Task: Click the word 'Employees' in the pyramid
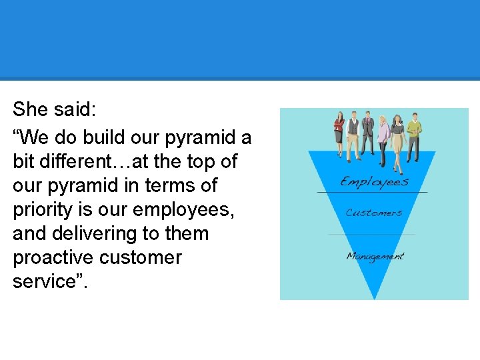[374, 181]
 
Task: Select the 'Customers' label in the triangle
[373, 213]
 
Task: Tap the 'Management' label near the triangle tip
[375, 256]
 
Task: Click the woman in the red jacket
[339, 133]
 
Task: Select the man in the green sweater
[415, 133]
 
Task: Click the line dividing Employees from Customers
[372, 192]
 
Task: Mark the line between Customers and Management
[372, 234]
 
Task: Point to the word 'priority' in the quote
[43, 209]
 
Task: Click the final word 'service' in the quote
[41, 281]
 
